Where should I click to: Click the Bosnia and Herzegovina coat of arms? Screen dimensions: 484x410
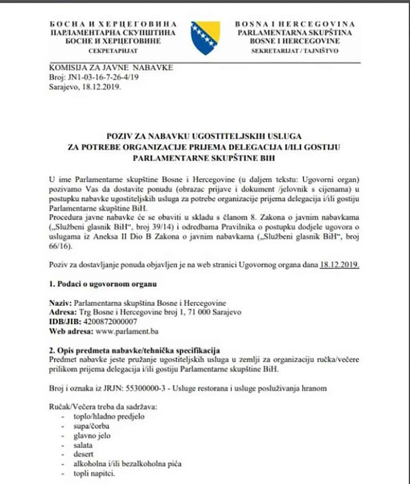click(x=205, y=37)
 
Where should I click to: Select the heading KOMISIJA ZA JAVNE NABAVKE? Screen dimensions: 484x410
click(x=111, y=68)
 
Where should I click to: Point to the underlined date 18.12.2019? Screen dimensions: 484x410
click(x=339, y=265)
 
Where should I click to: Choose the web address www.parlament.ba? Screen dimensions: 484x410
click(x=133, y=331)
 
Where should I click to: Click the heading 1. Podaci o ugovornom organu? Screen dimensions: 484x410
click(x=103, y=284)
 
